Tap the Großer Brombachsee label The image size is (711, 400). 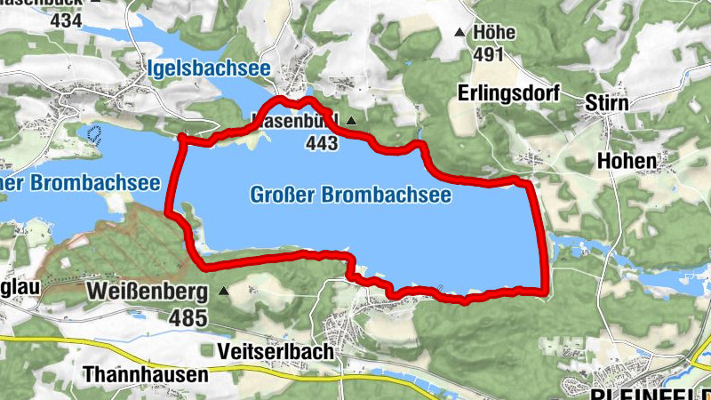[x=349, y=195]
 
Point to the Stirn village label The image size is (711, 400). [x=607, y=103]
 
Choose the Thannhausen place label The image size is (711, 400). [x=145, y=374]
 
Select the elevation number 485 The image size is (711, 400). [x=189, y=317]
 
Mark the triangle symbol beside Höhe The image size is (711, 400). [x=459, y=34]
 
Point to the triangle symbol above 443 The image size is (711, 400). [x=351, y=120]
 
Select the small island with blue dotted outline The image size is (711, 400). [x=95, y=134]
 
